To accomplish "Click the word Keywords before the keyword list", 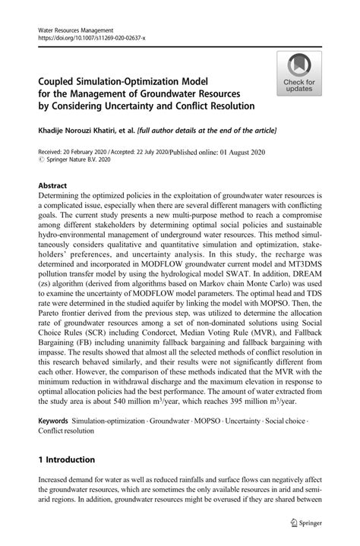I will coord(57,419).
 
